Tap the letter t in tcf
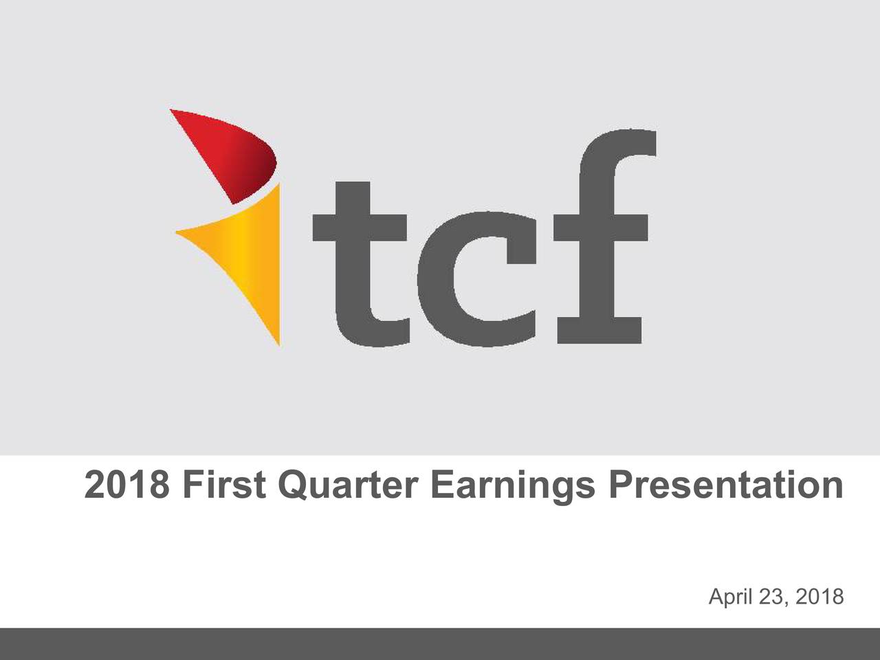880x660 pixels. (x=361, y=265)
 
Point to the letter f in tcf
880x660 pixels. (x=602, y=236)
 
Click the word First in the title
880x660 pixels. (x=224, y=485)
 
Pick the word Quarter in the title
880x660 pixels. (x=348, y=485)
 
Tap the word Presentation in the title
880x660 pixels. (x=725, y=485)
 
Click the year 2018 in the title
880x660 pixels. (x=126, y=485)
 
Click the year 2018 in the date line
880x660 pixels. (x=819, y=597)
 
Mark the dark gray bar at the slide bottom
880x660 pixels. (x=440, y=644)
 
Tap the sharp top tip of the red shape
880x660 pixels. (x=170, y=109)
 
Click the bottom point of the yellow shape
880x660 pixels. (x=279, y=346)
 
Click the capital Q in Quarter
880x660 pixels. (x=294, y=485)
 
